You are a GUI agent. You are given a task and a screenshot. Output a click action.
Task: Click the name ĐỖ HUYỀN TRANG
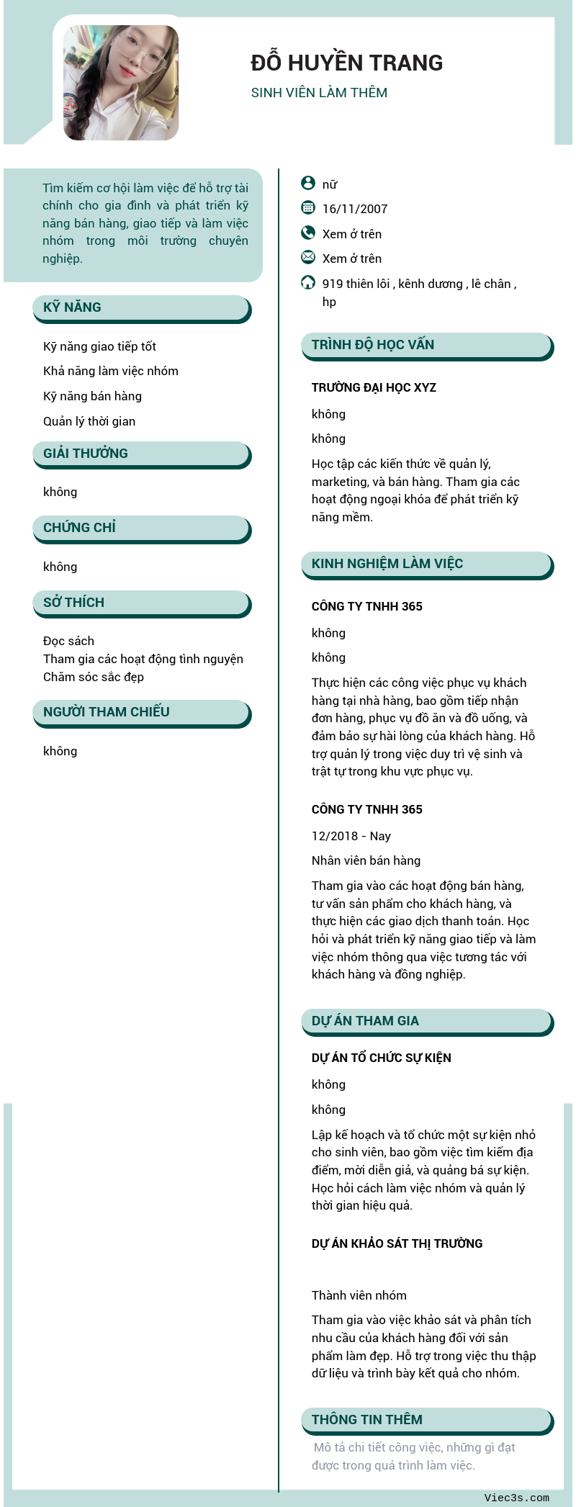click(346, 63)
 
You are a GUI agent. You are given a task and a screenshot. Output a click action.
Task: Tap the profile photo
click(121, 83)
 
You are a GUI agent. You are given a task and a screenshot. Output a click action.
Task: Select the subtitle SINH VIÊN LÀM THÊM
click(319, 93)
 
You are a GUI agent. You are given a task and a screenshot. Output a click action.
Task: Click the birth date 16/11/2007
click(355, 209)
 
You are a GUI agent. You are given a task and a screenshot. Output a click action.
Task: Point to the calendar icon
click(308, 208)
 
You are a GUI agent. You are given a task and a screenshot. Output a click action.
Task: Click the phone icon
click(308, 233)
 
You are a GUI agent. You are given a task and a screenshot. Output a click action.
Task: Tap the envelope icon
click(308, 257)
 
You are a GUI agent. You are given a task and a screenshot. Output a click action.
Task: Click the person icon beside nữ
click(308, 183)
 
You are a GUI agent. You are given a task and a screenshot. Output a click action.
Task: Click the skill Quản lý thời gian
click(89, 421)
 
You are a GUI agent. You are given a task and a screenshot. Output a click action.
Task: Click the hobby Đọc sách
click(68, 641)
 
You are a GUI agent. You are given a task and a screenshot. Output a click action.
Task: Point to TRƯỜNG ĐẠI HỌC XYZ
click(374, 387)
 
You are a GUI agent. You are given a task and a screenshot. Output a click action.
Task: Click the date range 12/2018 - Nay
click(351, 836)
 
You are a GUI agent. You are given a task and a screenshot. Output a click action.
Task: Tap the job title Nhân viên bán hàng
click(366, 860)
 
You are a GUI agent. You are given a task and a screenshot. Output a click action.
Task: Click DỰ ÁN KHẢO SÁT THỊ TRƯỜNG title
click(397, 1243)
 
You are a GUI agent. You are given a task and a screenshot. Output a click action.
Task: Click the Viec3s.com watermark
click(516, 1498)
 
